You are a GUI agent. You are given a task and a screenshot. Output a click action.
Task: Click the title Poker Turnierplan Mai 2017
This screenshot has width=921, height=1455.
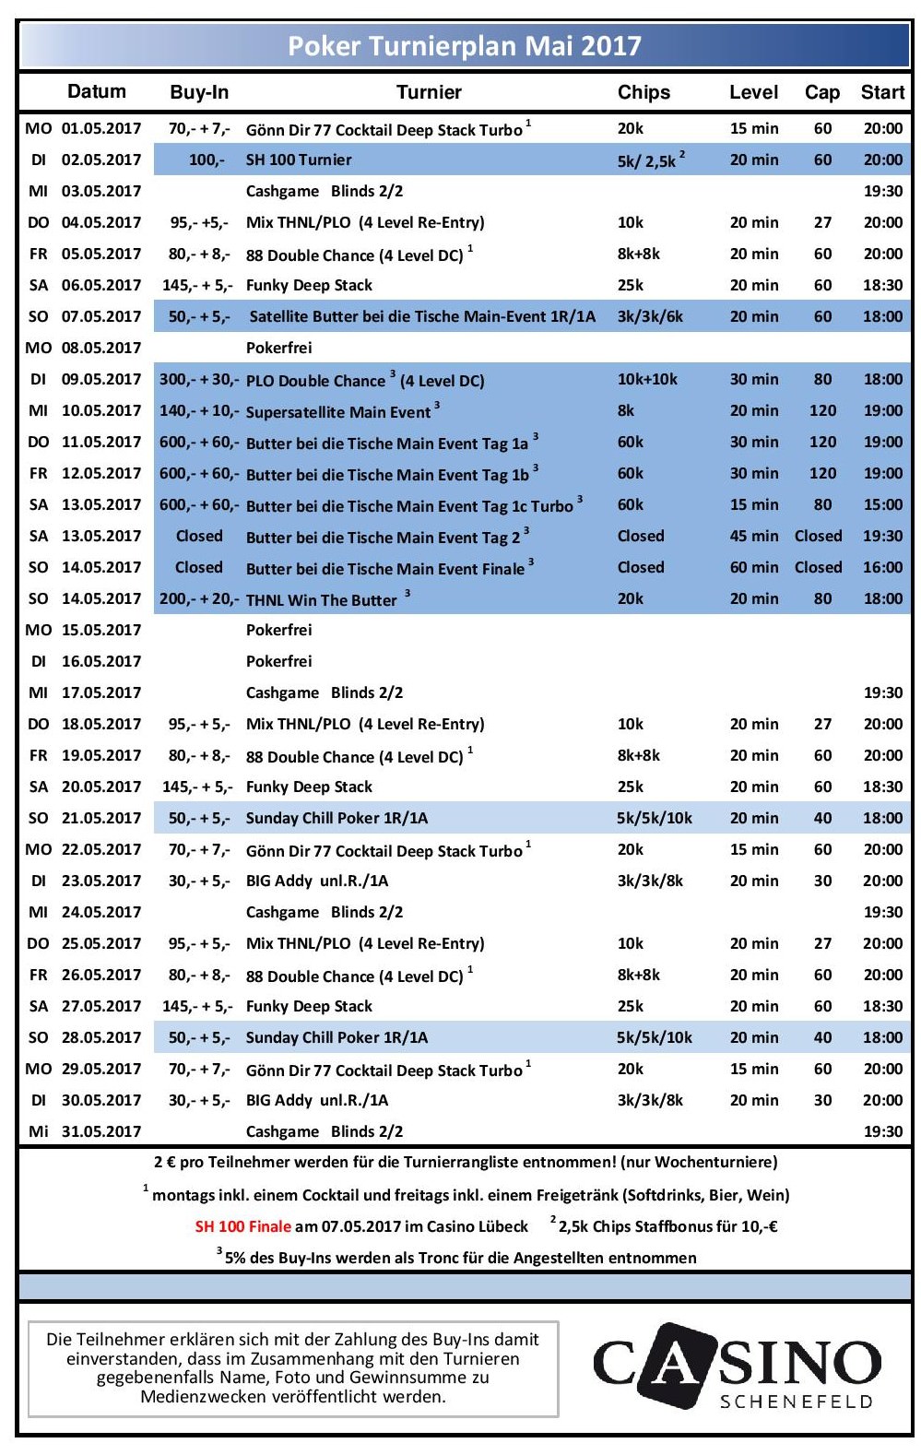[x=465, y=46]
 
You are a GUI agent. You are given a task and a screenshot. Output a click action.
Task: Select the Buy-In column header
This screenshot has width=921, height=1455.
[x=199, y=92]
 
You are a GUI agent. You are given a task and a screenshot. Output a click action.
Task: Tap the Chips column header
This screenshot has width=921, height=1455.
[x=644, y=92]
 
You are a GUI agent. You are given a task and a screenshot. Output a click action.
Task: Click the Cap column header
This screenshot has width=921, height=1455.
[x=821, y=92]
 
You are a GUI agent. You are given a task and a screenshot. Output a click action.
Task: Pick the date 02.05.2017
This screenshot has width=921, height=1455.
[x=101, y=160]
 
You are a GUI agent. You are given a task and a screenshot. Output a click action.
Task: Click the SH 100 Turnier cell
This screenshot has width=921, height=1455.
[x=299, y=160]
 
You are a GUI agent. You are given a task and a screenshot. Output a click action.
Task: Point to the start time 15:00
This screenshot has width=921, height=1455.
[x=882, y=504]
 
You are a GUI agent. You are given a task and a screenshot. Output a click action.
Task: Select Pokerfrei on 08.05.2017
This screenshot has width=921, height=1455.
[x=278, y=348]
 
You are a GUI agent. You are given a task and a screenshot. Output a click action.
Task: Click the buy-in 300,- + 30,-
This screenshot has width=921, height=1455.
[x=198, y=379]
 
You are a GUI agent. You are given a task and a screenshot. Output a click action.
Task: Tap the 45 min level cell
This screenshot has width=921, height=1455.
[x=753, y=536]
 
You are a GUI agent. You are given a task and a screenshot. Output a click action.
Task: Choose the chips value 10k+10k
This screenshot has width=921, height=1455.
[x=647, y=379]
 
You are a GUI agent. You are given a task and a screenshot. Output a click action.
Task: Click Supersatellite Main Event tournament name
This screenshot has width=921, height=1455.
[x=338, y=412]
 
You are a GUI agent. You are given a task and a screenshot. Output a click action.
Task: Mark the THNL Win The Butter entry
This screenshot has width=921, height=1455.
[x=321, y=600]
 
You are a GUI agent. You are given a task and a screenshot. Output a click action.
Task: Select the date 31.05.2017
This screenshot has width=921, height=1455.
[x=101, y=1131]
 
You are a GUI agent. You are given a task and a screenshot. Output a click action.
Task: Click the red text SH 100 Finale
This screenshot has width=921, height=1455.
[x=242, y=1226]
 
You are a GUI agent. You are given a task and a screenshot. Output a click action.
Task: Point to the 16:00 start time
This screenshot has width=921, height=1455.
[x=882, y=567]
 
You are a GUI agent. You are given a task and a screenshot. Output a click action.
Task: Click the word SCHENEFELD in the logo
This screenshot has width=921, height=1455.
[x=796, y=1402]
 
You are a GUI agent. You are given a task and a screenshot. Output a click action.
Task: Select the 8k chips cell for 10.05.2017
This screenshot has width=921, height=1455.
[x=626, y=410]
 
